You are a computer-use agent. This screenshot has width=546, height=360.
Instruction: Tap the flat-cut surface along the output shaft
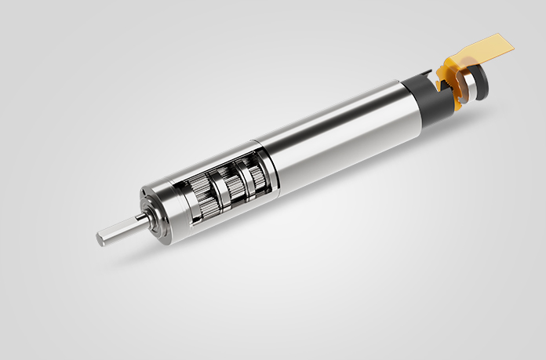[x=118, y=231]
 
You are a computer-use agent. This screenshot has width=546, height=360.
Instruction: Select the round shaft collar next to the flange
[x=140, y=219]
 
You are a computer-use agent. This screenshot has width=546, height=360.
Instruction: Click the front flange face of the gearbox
[x=153, y=210]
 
